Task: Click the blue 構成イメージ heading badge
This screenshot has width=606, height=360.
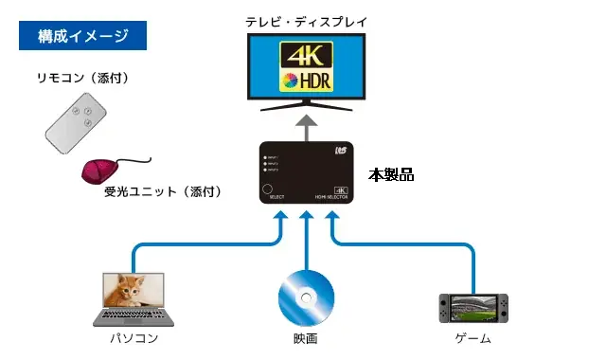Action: point(83,37)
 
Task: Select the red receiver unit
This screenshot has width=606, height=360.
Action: point(101,171)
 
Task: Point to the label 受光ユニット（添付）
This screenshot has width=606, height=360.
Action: point(162,191)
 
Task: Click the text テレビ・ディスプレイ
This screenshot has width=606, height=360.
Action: point(304,18)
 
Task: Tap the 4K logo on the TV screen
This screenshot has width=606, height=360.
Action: point(304,54)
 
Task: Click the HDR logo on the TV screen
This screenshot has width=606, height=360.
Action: point(304,80)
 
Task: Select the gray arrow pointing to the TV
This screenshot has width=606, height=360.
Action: point(304,126)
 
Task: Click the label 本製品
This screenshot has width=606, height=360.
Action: point(391,175)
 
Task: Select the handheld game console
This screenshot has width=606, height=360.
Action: point(472,307)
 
